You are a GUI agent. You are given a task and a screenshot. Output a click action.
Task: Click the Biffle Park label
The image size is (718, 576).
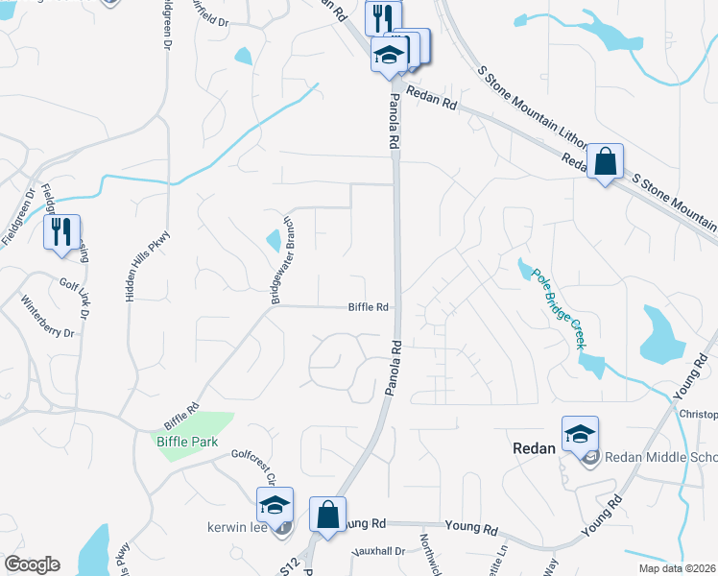tap(187, 443)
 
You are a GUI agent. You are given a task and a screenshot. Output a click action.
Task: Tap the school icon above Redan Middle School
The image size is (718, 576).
tap(581, 435)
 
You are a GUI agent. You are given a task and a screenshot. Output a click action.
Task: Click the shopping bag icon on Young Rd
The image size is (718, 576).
tap(327, 515)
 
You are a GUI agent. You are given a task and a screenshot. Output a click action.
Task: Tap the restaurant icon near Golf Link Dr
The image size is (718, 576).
tap(60, 232)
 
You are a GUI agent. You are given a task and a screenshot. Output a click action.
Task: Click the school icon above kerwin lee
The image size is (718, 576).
tap(275, 506)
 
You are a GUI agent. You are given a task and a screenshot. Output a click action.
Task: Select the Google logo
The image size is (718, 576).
tap(32, 564)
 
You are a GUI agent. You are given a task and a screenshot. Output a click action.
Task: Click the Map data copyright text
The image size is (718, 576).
tap(677, 568)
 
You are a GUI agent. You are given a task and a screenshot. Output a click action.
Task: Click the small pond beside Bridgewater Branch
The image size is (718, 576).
tap(274, 238)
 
